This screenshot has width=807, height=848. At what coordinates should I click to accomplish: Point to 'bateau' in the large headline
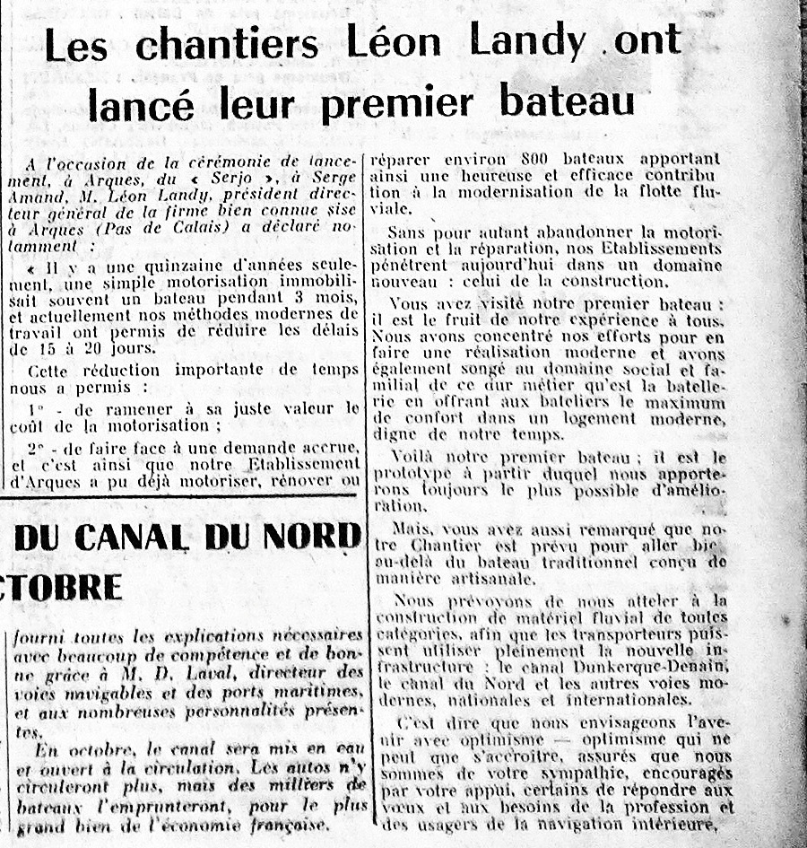(x=567, y=101)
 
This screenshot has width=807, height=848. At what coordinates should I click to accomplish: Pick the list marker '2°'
(x=36, y=447)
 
